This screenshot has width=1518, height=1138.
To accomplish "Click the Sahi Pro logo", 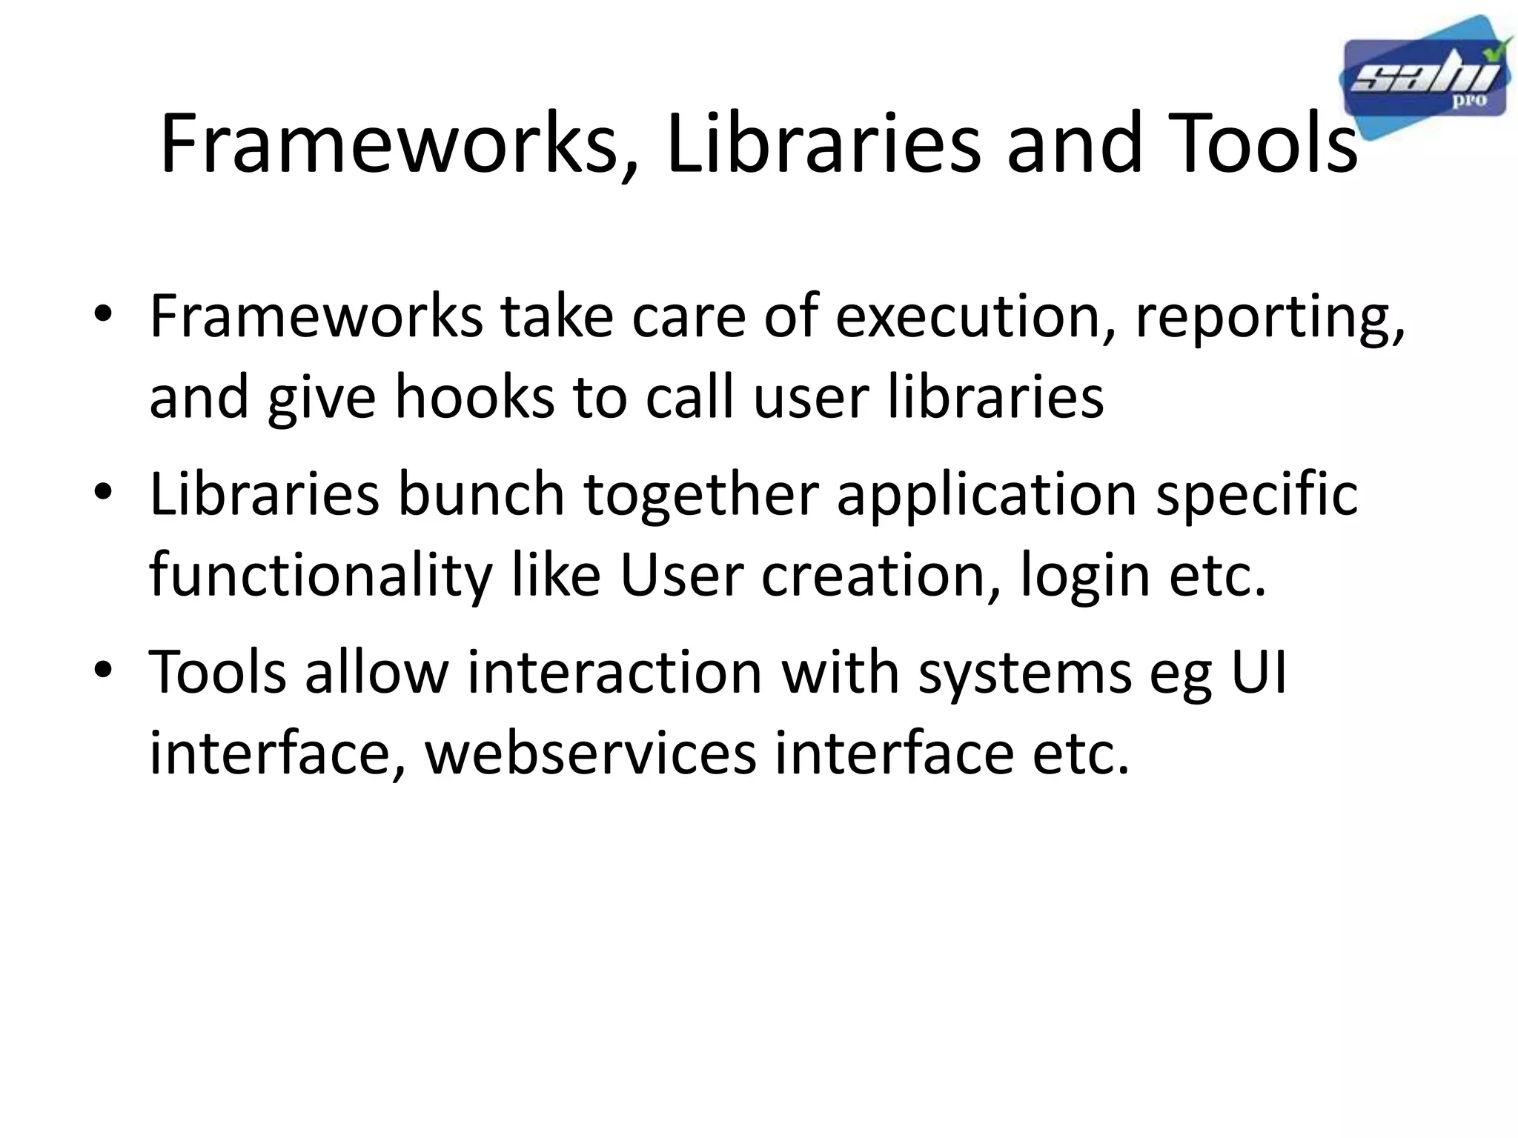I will point(1425,79).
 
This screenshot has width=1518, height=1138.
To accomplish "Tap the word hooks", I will point(474,397).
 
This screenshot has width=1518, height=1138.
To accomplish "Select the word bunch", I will point(481,494).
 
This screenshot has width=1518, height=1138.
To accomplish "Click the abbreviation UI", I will point(1258,672).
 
